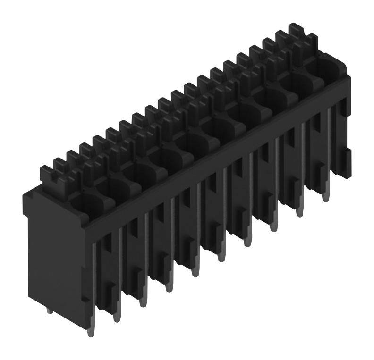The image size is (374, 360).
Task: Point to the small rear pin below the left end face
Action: click(49, 310)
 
